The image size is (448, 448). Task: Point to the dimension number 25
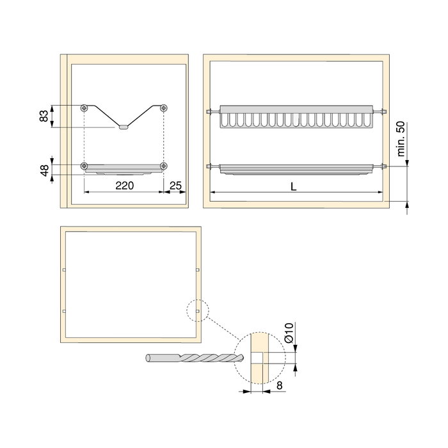pyautogui.click(x=177, y=186)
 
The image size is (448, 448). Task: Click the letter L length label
pyautogui.click(x=293, y=186)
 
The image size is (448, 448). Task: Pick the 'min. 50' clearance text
pyautogui.click(x=401, y=138)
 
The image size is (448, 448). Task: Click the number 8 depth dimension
pyautogui.click(x=280, y=387)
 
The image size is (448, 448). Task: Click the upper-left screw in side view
pyautogui.click(x=84, y=108)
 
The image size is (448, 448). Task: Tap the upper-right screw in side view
pyautogui.click(x=164, y=108)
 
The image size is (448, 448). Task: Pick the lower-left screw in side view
pyautogui.click(x=84, y=166)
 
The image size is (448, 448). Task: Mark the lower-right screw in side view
pyautogui.click(x=164, y=166)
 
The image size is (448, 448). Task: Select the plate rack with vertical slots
pyautogui.click(x=295, y=117)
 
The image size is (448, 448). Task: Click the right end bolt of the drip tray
pyautogui.click(x=381, y=168)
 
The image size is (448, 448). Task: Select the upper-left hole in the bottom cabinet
pyautogui.click(x=65, y=270)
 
